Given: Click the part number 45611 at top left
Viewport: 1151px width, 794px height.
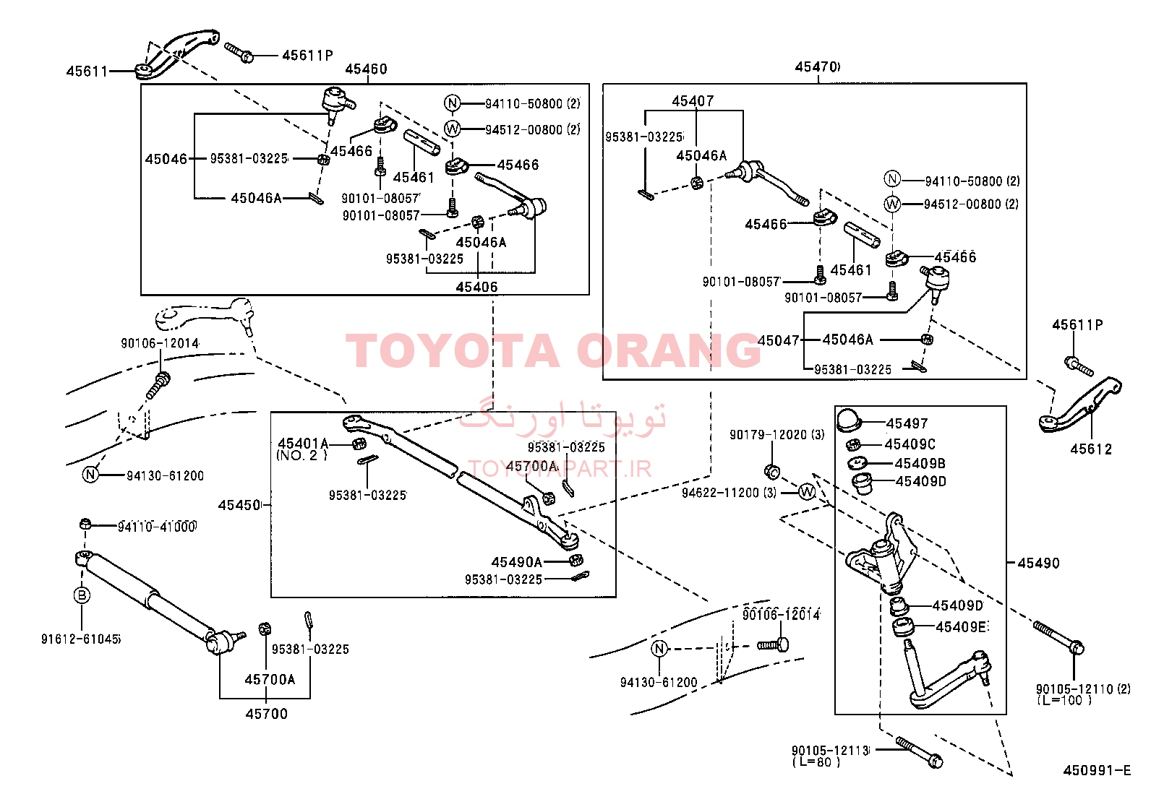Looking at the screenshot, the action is pos(87,72).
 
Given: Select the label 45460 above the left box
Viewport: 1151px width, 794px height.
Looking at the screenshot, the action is pos(366,69).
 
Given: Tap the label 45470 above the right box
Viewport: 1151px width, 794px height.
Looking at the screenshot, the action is pos(817,66).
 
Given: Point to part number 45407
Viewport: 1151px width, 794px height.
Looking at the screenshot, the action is pos(693,100).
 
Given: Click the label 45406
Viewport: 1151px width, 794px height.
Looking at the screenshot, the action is pos(477,287).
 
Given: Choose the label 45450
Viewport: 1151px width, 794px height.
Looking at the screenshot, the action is pos(239,505).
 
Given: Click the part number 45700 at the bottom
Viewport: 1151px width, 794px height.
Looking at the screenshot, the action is pos(266,713).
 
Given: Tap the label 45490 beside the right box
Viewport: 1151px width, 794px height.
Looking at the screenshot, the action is pos(1038,563).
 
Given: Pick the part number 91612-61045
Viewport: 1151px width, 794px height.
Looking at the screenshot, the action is pos(81,639).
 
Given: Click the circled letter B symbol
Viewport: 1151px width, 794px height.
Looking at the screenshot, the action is pos(82,595).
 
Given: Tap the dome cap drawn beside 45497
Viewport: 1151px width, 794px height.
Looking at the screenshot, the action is pos(849,419).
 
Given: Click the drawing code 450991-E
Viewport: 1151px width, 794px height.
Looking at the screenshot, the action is pos(1097,770).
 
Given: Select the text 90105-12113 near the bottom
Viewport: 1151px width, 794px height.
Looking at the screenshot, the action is pos(831,751).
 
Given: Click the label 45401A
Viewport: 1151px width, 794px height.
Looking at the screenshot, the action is pos(303,443).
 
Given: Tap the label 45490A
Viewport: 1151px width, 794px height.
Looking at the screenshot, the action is pos(517,562).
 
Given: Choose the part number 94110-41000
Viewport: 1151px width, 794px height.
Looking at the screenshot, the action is pos(157,527).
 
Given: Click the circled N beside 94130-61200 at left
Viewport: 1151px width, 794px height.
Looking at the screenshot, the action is pos(90,474).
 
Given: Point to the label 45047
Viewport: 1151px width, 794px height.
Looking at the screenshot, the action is pos(779,340).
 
